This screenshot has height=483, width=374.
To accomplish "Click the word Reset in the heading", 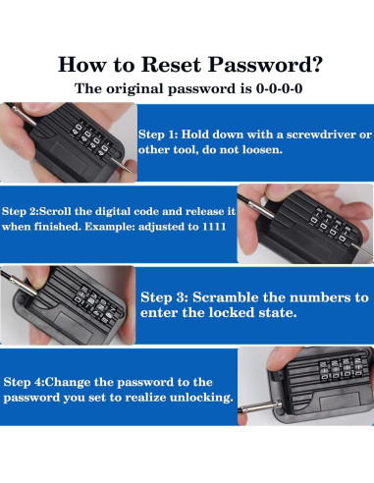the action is click(x=171, y=64).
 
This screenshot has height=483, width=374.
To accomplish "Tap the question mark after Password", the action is click(x=317, y=64).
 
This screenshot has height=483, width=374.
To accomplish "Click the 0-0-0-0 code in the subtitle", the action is click(x=279, y=88).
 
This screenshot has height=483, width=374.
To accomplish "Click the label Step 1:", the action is click(x=158, y=134).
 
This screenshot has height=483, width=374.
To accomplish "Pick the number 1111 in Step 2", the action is click(x=214, y=227).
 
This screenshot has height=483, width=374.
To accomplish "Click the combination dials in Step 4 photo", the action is click(x=339, y=368).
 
